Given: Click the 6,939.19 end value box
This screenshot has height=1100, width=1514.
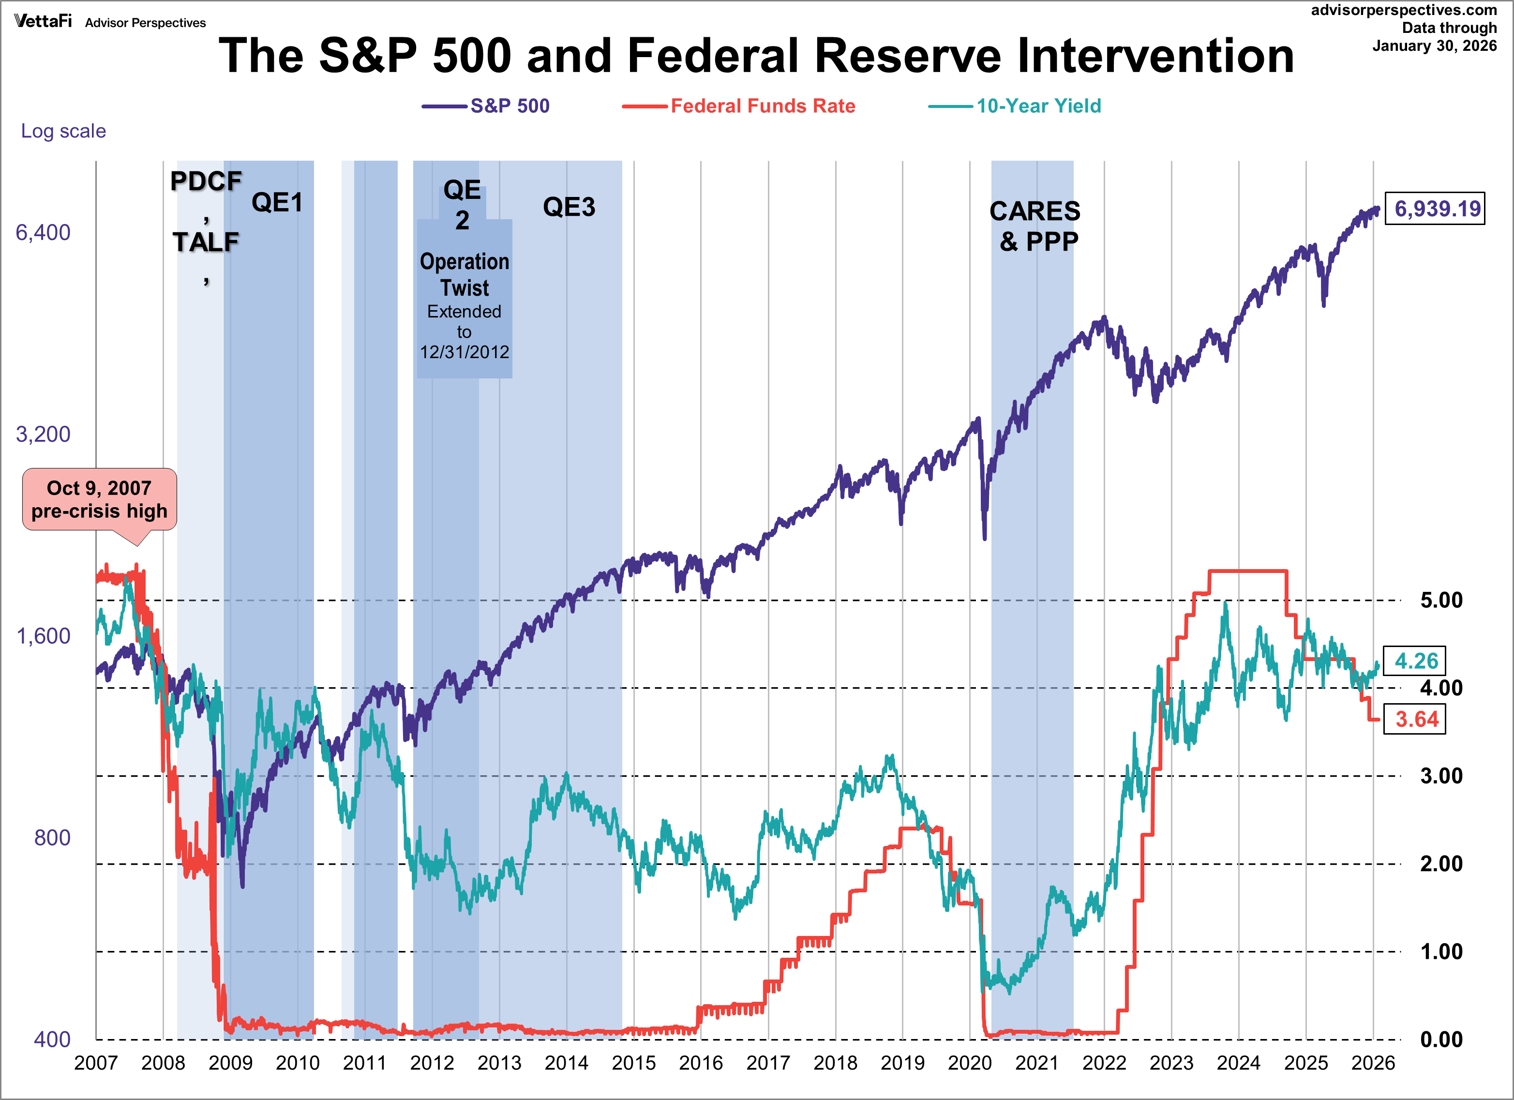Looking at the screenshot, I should [1436, 209].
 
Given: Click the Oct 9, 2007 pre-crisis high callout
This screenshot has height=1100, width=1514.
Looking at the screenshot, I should [100, 499].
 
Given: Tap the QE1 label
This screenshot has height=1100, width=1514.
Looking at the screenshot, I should [277, 202].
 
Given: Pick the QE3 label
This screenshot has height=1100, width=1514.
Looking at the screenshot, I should [569, 207].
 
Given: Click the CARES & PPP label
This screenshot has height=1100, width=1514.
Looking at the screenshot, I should [1034, 226].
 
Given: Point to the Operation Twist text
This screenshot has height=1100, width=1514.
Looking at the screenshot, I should [465, 274].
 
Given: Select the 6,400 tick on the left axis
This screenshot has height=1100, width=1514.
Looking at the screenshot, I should [43, 232].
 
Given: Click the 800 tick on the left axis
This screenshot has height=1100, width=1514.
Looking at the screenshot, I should [52, 837].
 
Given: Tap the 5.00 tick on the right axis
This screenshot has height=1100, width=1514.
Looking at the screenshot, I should [1441, 600].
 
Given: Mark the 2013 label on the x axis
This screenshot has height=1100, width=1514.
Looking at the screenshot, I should [499, 1063].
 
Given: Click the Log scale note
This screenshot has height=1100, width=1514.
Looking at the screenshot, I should [63, 131].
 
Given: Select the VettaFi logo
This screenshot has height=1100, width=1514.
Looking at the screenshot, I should [43, 21].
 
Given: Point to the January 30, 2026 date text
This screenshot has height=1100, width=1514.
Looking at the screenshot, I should [1435, 45].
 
